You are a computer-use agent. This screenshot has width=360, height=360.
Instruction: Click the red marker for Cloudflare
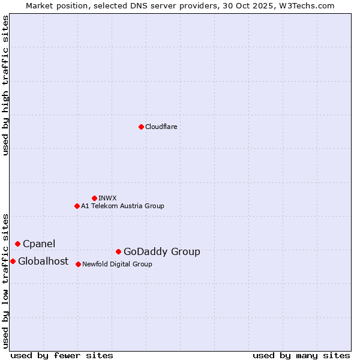(x=141, y=127)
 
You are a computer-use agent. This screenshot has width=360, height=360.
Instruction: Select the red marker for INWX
(x=94, y=198)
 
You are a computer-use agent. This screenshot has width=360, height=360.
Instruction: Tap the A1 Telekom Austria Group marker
(x=77, y=206)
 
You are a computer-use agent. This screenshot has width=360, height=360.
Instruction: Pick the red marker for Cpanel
(x=17, y=244)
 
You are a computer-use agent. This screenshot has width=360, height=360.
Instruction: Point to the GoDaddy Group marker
(x=118, y=251)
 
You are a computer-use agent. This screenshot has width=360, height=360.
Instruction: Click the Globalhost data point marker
(x=13, y=261)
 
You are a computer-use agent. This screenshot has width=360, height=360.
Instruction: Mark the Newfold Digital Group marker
(x=78, y=264)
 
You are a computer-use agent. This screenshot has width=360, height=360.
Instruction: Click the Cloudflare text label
(x=161, y=127)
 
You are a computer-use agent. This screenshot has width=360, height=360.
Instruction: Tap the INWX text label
(x=107, y=198)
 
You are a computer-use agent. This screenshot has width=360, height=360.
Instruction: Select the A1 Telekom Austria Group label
(x=122, y=206)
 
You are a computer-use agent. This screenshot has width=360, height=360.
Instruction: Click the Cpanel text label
(x=39, y=244)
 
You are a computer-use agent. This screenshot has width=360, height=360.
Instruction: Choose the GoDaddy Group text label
(x=162, y=252)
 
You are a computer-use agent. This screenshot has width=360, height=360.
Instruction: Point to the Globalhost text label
(x=43, y=261)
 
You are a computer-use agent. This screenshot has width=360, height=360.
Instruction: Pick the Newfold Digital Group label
(x=117, y=264)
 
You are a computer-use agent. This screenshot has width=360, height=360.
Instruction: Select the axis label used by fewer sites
(x=62, y=355)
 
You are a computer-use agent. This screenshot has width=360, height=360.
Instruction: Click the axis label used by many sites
(x=301, y=355)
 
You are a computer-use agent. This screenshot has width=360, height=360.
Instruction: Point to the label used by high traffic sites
(x=5, y=85)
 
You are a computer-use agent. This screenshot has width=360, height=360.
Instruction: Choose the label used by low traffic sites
(x=5, y=280)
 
